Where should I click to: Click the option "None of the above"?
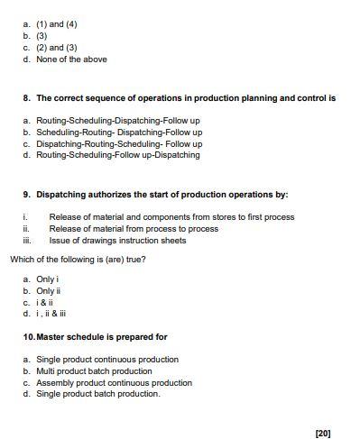71,59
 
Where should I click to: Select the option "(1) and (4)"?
57,24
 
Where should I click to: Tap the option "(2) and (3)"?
57,48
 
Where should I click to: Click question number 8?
27,97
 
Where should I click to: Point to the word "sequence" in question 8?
97,97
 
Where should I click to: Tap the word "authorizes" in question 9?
103,194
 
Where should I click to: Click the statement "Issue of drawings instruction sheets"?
117,241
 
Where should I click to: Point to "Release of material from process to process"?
134,229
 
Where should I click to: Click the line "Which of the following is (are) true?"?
78,260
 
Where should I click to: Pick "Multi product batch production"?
94,370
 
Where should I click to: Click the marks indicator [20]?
323,433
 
